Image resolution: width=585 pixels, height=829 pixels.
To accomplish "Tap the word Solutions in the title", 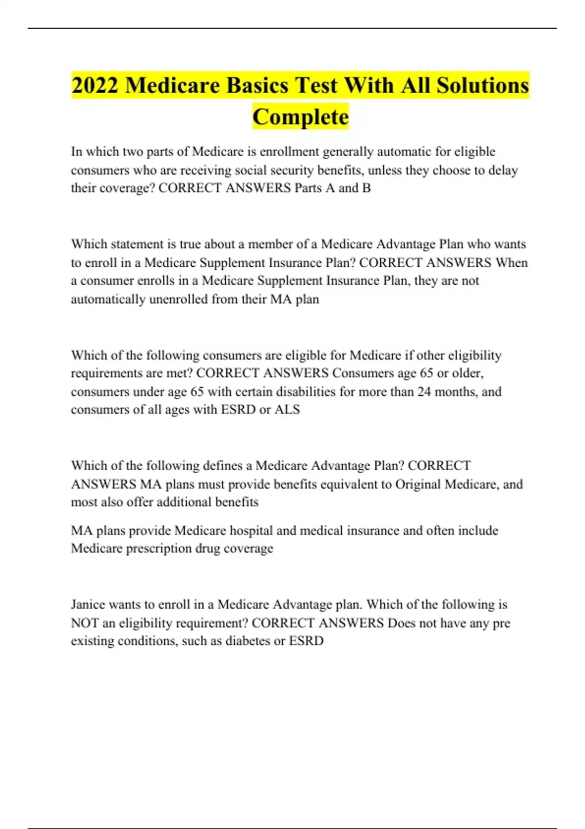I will pyautogui.click(x=483, y=85).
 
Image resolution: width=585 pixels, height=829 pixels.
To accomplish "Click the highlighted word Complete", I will pyautogui.click(x=300, y=117).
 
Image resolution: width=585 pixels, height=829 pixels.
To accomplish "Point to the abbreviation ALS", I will pyautogui.click(x=287, y=410).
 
